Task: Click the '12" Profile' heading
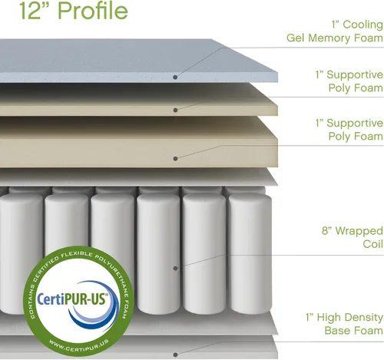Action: coord(74,11)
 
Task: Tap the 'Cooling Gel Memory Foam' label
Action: coord(335,31)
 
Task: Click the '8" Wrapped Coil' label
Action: coord(353,237)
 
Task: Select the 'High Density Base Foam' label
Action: coord(344,324)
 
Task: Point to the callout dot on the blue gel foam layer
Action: coord(175,77)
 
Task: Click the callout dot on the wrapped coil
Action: coord(175,268)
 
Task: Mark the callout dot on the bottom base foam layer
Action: coord(175,355)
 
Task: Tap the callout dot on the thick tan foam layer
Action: coord(175,159)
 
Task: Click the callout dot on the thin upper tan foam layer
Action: coord(175,110)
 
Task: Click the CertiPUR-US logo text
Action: coord(72,299)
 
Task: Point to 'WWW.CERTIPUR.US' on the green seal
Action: coord(79,345)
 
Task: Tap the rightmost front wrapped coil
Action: coord(250,254)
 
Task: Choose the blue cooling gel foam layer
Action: coord(138,61)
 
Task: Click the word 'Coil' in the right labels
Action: coord(372,244)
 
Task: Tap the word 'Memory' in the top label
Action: coord(329,38)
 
